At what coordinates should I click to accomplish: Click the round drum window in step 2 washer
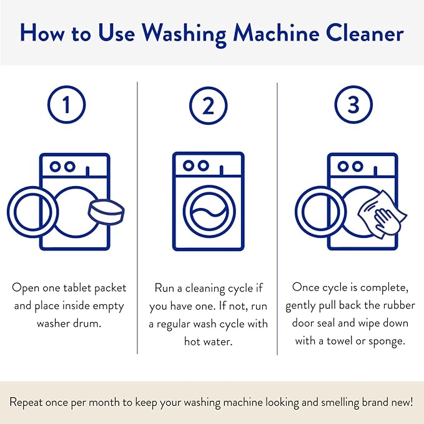pyautogui.click(x=208, y=213)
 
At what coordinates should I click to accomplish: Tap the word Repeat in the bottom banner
pyautogui.click(x=29, y=402)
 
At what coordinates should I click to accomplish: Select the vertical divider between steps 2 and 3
pyautogui.click(x=278, y=219)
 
